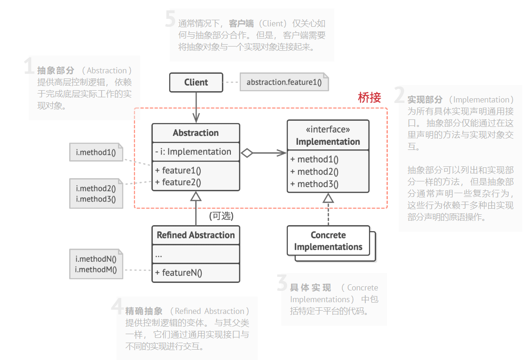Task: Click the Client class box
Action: click(196, 82)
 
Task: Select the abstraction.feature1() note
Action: click(284, 82)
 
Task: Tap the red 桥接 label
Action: click(369, 97)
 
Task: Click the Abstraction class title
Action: click(196, 133)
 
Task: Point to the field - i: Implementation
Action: click(193, 152)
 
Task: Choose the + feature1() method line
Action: click(178, 170)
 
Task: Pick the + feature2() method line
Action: click(178, 182)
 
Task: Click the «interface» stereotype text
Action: click(328, 129)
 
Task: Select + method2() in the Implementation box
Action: click(315, 172)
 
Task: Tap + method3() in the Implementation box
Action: click(315, 184)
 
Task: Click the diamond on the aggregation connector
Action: click(247, 153)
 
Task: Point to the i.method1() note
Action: click(96, 152)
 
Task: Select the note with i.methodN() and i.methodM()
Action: click(96, 264)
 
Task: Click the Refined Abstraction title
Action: click(196, 235)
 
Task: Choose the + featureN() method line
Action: click(179, 273)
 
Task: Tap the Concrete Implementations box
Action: click(328, 241)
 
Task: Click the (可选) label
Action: click(221, 216)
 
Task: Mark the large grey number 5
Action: click(171, 19)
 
